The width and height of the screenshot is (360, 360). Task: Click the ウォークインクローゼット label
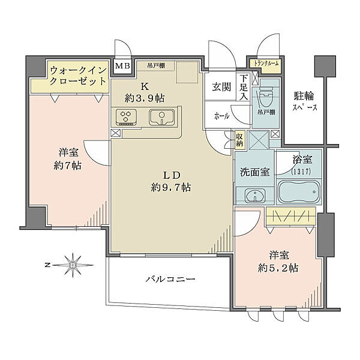click(x=79, y=75)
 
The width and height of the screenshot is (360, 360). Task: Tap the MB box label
click(x=122, y=67)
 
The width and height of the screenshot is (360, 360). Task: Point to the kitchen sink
click(x=160, y=118)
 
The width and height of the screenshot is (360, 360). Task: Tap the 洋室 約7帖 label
click(x=67, y=158)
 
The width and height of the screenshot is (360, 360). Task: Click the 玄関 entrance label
click(x=220, y=88)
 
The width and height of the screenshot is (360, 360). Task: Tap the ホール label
click(x=221, y=116)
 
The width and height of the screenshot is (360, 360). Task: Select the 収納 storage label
click(x=239, y=140)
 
